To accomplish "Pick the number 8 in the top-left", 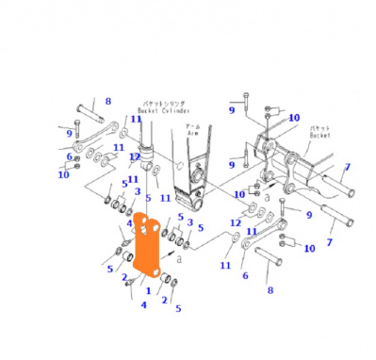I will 107,101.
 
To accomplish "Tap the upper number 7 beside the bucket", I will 346,167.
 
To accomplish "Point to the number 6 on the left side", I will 69,157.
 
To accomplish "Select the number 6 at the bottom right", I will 244,275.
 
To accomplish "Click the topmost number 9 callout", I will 230,110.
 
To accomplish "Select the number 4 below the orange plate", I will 143,303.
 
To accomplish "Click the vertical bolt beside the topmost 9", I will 245,104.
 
